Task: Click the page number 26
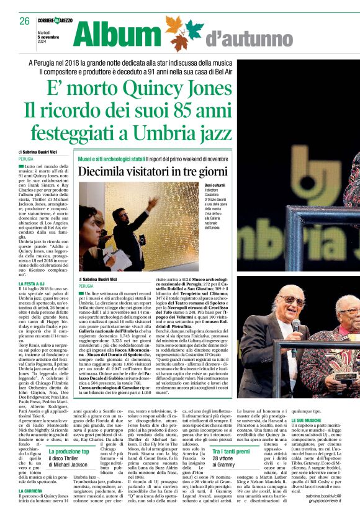(25, 21)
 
